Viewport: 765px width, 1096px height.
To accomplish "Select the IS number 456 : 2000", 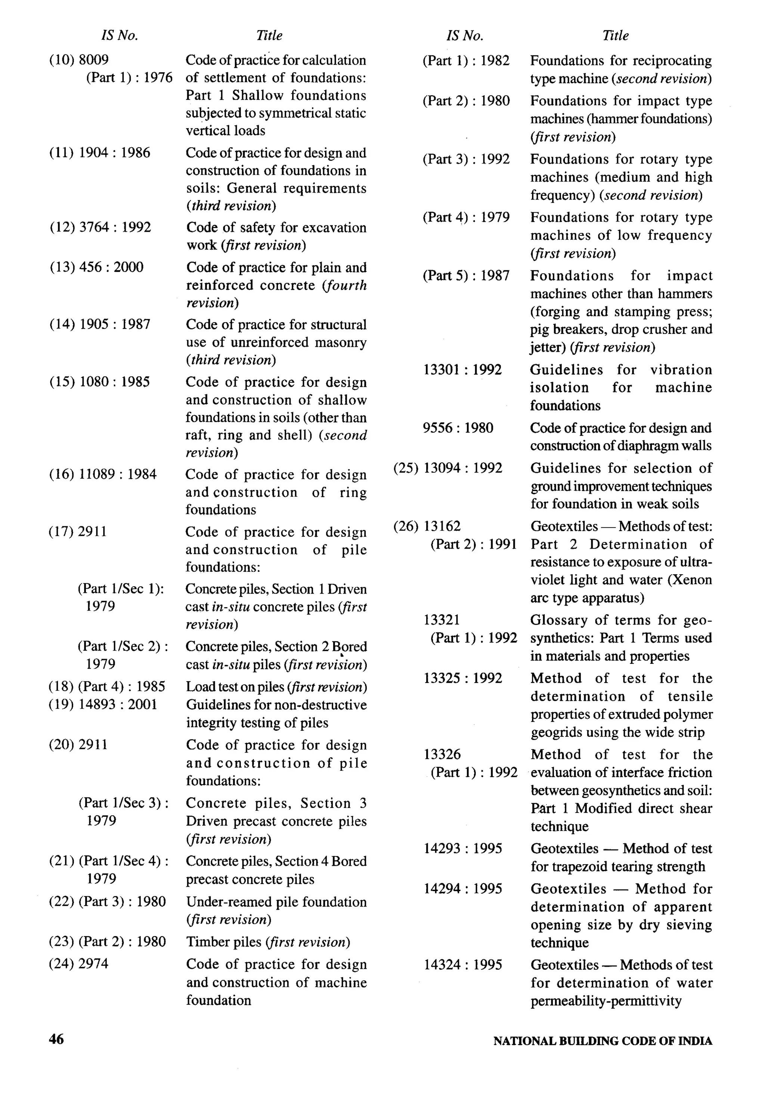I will point(111,267).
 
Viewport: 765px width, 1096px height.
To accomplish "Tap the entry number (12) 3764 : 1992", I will point(100,227).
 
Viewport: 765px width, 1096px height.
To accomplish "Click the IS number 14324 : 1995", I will point(463,965).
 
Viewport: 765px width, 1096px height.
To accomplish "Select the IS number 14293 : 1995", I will point(463,848).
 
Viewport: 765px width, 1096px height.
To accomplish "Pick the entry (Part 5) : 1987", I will point(465,275).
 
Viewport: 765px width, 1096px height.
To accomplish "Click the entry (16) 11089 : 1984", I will point(103,474).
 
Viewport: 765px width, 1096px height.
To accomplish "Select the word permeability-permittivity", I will point(606,1001).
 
